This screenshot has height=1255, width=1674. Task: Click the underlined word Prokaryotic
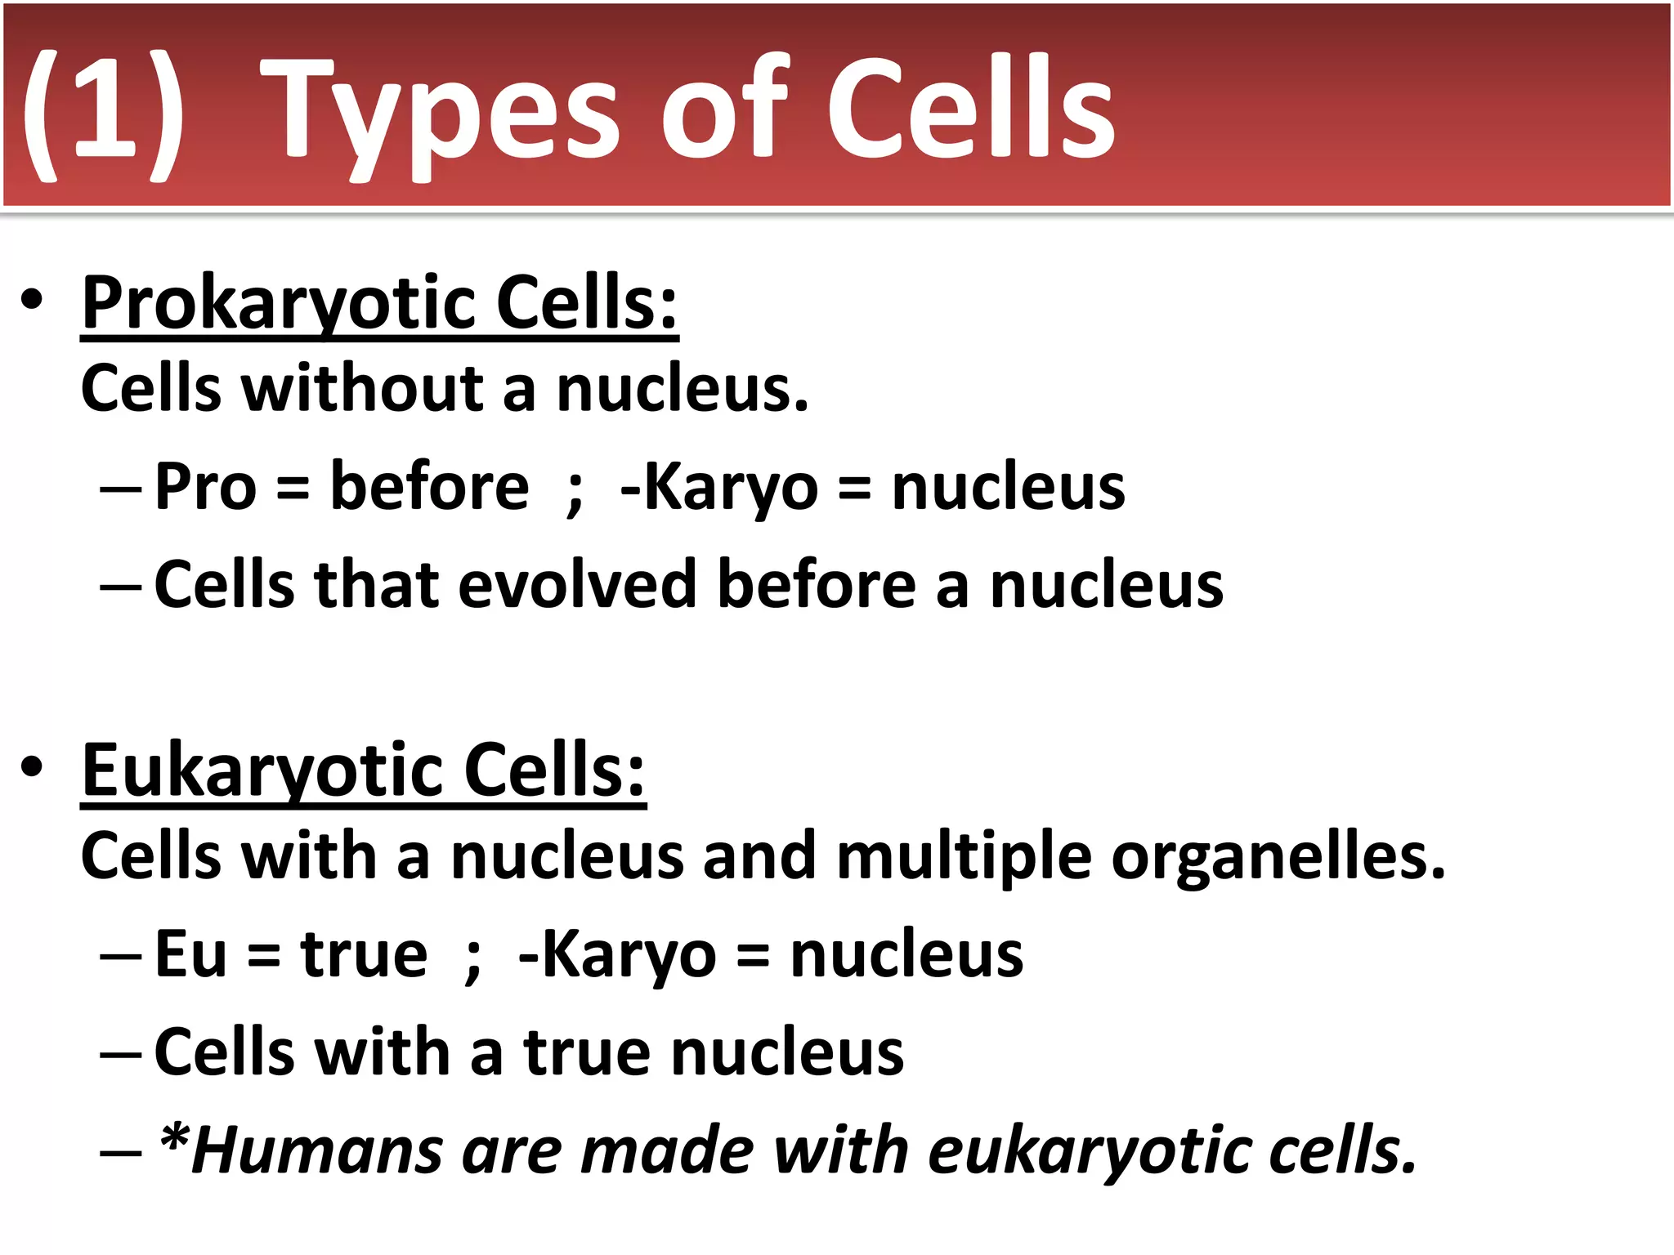coord(278,303)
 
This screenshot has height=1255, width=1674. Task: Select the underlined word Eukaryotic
coord(262,770)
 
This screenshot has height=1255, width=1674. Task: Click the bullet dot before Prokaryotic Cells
coord(32,301)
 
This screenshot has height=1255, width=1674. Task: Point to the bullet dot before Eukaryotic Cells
coord(32,768)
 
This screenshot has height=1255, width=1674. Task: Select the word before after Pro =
coord(429,487)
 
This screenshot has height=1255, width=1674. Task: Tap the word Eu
coord(190,954)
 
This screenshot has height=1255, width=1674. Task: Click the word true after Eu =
coord(364,954)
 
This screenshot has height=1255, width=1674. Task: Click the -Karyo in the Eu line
coord(617,954)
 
